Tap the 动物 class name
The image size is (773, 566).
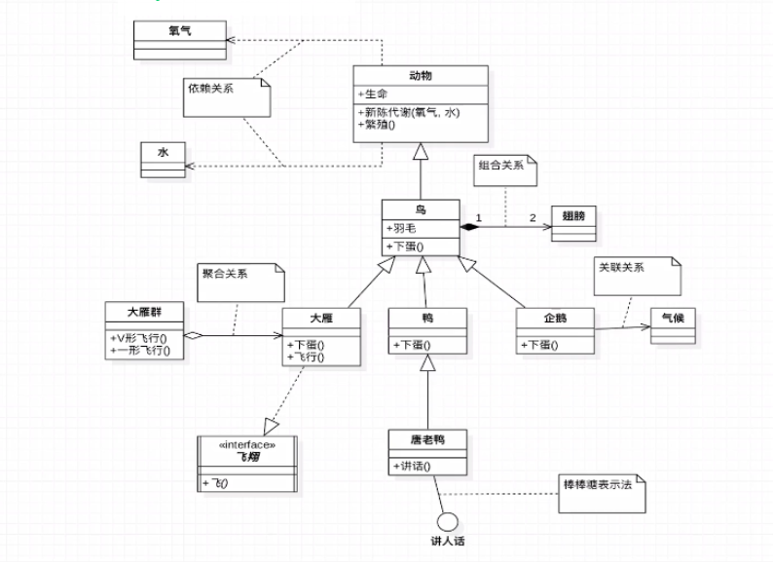click(x=420, y=76)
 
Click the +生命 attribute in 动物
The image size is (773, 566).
click(x=375, y=94)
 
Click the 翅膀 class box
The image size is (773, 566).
click(x=573, y=223)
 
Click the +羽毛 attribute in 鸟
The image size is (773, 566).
click(x=402, y=228)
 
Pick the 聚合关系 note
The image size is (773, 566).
click(x=239, y=279)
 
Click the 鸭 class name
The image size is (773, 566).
click(x=426, y=318)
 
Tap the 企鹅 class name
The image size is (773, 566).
click(x=555, y=318)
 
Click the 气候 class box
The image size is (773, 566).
click(x=673, y=324)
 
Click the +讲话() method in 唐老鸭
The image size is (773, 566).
click(x=413, y=466)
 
